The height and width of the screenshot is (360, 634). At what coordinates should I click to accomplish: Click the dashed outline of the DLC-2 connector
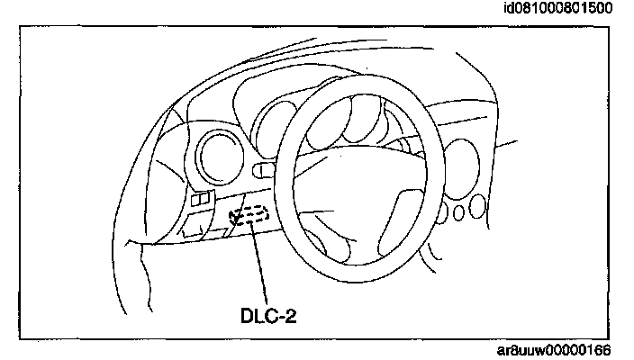click(249, 217)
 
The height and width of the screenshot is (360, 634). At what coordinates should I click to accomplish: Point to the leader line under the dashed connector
click(260, 261)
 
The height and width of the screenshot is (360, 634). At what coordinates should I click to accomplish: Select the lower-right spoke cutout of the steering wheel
click(400, 221)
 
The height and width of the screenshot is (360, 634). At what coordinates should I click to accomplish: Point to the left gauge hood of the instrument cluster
click(270, 117)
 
